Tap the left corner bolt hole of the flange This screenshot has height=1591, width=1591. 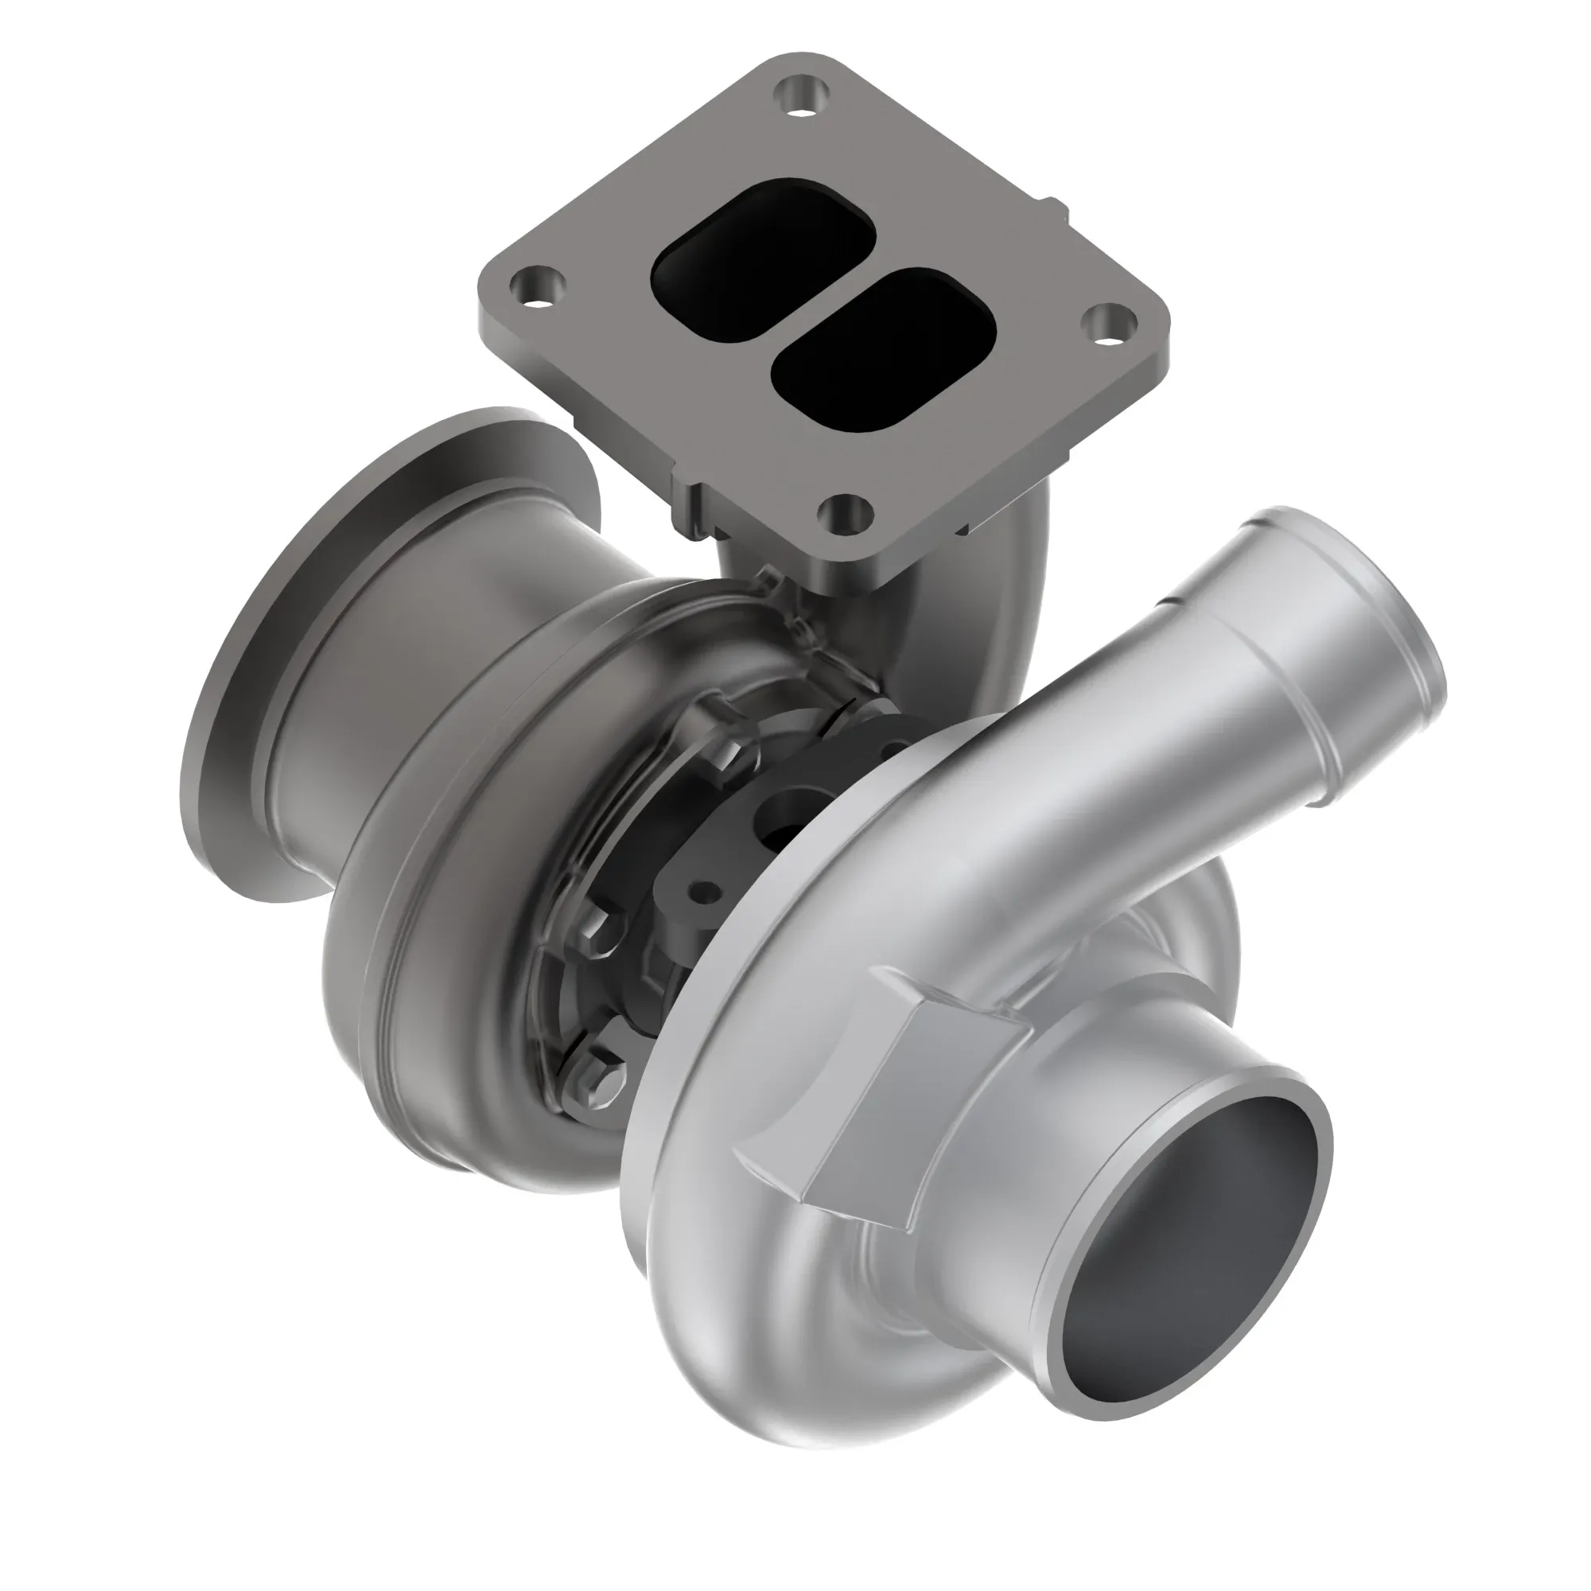538,287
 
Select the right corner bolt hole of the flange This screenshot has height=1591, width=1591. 1108,322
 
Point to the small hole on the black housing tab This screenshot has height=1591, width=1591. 702,891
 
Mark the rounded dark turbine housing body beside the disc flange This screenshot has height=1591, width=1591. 428,947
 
